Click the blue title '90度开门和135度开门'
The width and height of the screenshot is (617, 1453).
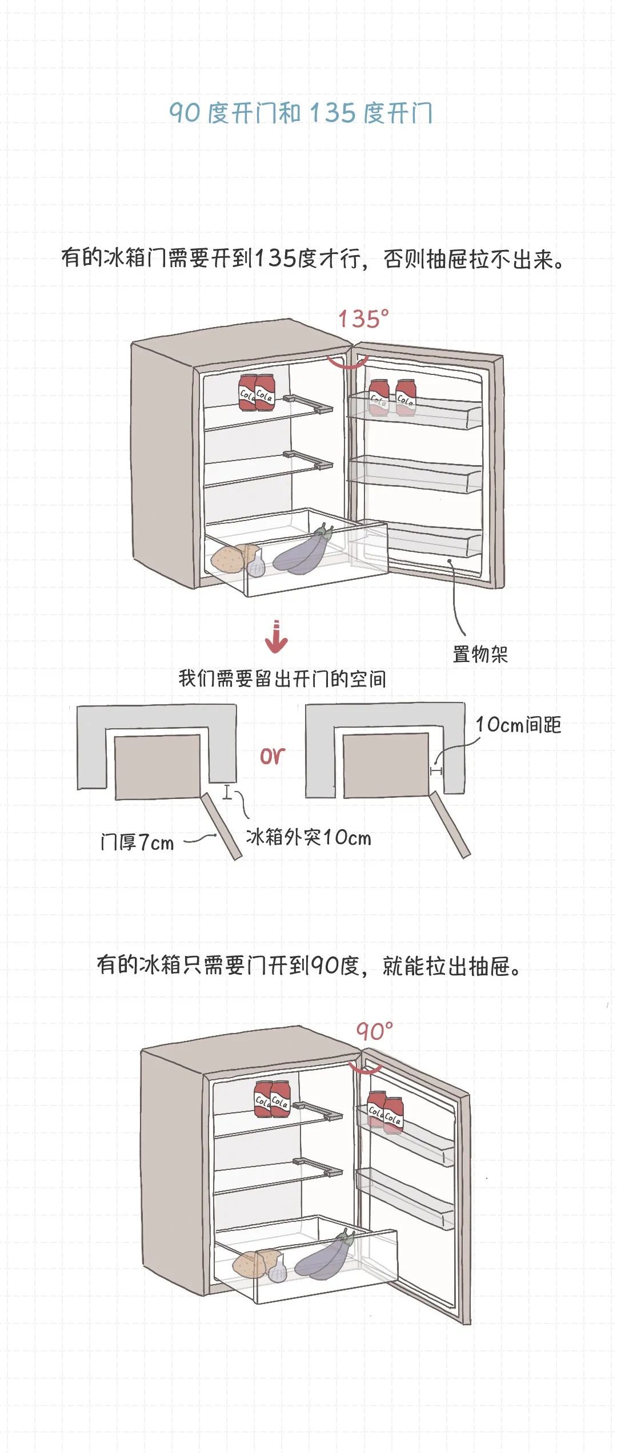click(x=301, y=112)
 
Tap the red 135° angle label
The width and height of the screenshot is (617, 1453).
click(x=363, y=318)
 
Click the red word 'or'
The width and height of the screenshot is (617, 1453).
click(x=272, y=756)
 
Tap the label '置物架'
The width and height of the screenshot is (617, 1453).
click(x=480, y=654)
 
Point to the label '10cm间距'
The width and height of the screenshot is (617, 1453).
click(x=518, y=725)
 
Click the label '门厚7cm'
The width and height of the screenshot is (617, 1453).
click(x=137, y=842)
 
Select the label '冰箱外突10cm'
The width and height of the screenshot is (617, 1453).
click(x=308, y=837)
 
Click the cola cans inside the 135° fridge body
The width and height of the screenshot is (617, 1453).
click(x=257, y=393)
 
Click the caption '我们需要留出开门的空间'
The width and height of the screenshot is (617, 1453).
click(x=282, y=679)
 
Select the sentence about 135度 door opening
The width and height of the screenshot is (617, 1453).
click(x=312, y=259)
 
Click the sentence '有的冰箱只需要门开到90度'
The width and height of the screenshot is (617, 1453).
click(x=308, y=966)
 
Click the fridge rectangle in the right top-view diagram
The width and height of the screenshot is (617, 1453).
click(x=386, y=765)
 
